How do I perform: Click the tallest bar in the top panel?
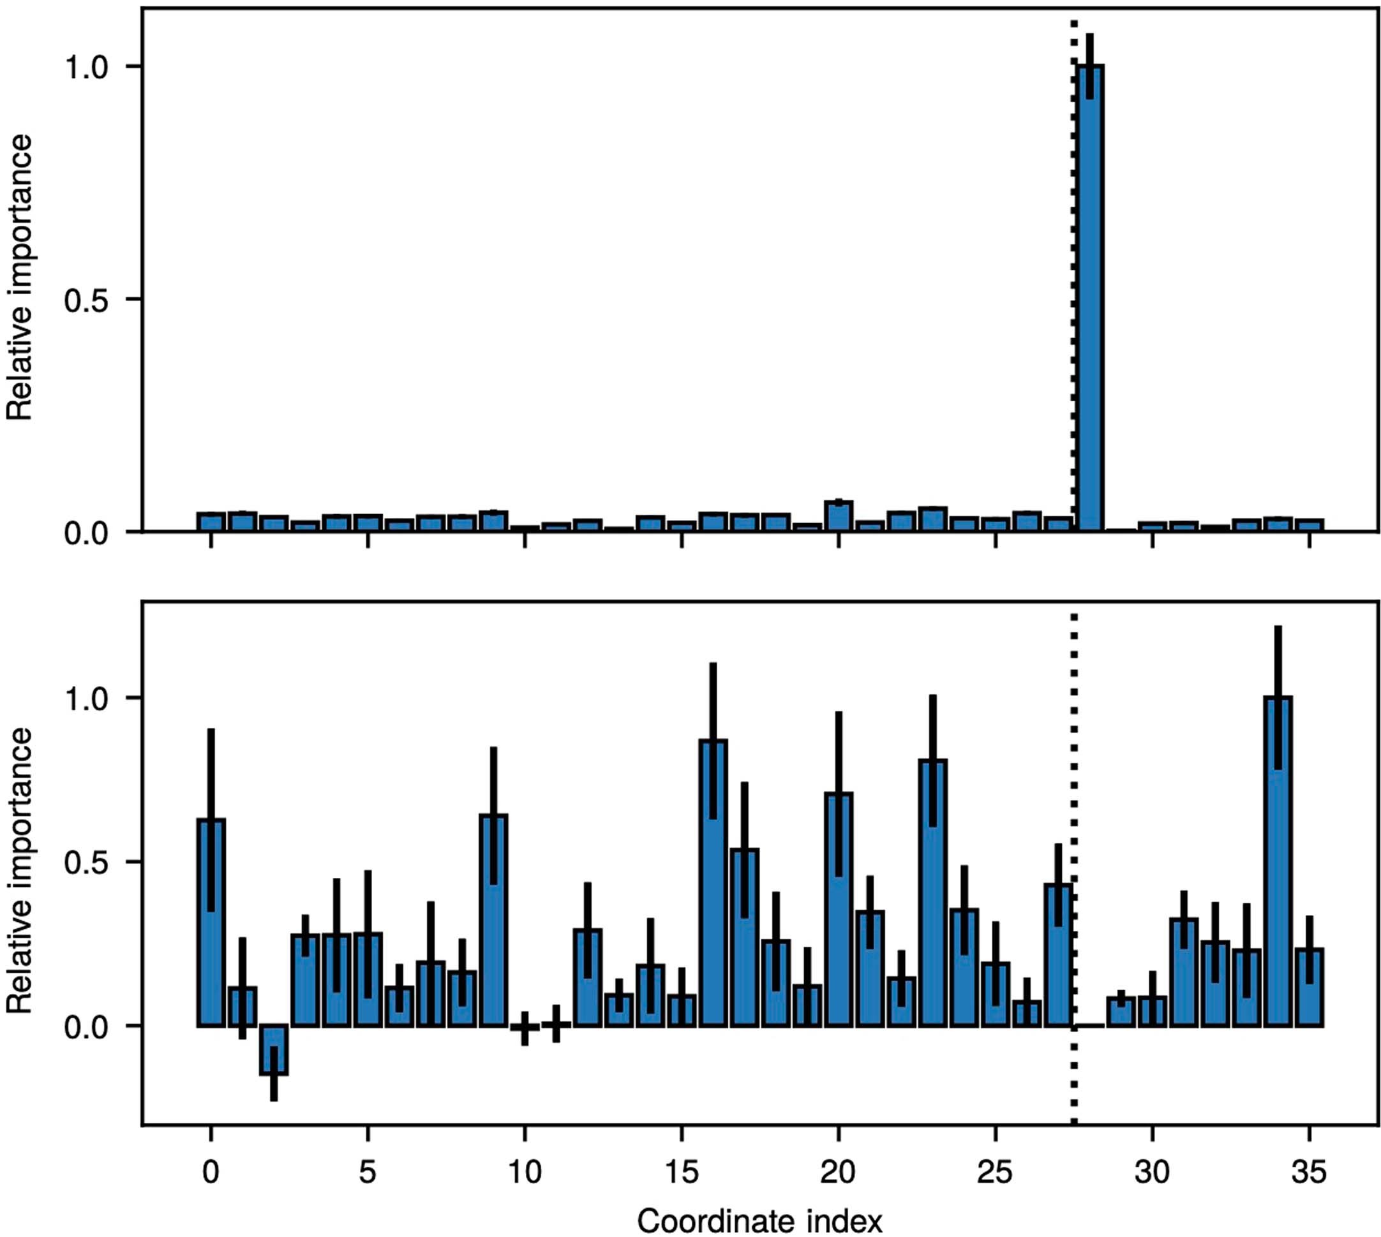1091,299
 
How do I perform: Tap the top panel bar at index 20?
839,517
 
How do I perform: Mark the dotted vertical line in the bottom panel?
1073,815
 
